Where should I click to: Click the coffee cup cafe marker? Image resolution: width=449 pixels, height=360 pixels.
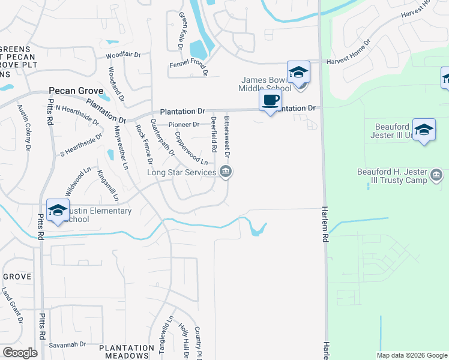pos(270,100)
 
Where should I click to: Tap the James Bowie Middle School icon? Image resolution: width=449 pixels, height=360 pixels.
pos(297,73)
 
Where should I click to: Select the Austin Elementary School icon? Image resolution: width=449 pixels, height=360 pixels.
pos(58,211)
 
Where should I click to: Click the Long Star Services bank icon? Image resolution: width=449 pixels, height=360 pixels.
pos(226,173)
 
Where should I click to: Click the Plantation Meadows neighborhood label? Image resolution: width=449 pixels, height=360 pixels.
pos(127,352)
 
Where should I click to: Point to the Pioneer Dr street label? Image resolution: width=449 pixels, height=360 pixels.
pos(184,124)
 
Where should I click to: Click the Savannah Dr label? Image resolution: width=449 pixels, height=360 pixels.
pos(67,344)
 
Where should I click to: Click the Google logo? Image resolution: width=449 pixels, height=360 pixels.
pos(20,353)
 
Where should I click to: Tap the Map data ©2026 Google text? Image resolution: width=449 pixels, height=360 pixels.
pos(411,355)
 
